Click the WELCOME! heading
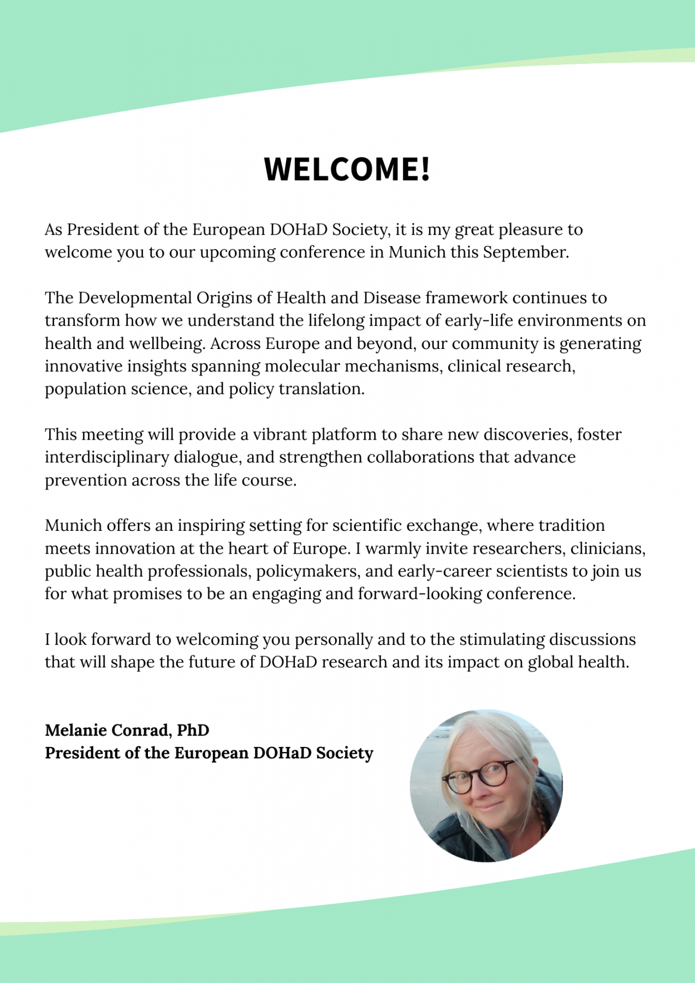347,169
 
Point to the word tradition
572,525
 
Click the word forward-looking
420,594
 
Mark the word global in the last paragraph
550,662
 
